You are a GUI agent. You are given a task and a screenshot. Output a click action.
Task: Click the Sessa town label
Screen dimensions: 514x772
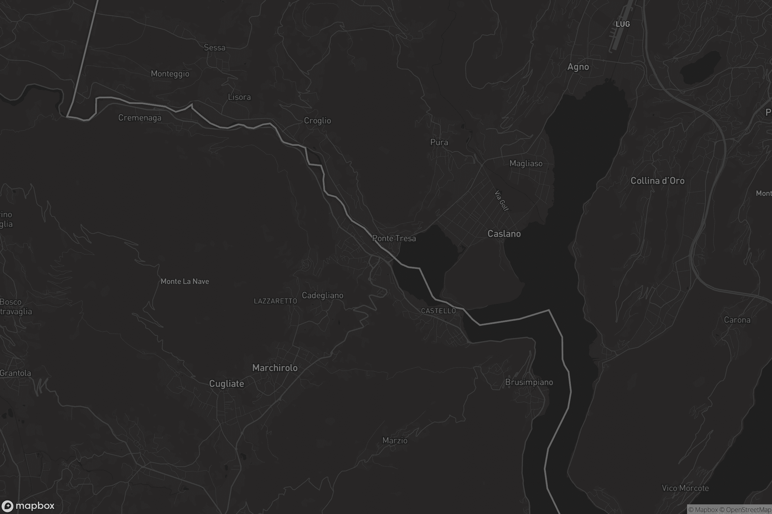pyautogui.click(x=215, y=48)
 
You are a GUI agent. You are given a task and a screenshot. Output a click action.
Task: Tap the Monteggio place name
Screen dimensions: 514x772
pyautogui.click(x=170, y=74)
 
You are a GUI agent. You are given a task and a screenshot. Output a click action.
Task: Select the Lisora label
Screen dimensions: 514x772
pyautogui.click(x=239, y=97)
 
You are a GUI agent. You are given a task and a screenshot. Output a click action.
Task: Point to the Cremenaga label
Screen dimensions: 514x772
pyautogui.click(x=140, y=118)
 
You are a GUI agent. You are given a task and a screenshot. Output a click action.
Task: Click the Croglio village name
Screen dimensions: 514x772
pyautogui.click(x=317, y=121)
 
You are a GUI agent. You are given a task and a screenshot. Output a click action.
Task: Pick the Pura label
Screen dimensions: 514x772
pyautogui.click(x=439, y=142)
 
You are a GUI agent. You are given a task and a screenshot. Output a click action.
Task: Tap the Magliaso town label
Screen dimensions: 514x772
pyautogui.click(x=526, y=163)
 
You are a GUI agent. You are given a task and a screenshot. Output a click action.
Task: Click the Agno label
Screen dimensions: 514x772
pyautogui.click(x=578, y=67)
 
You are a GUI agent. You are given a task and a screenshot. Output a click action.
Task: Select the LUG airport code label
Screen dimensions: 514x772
pyautogui.click(x=623, y=24)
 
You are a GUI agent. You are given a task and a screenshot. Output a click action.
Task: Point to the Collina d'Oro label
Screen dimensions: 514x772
pyautogui.click(x=657, y=181)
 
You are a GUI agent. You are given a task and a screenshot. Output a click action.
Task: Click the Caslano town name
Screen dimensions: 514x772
pyautogui.click(x=504, y=234)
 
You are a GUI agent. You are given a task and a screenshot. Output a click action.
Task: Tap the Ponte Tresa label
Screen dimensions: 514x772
pyautogui.click(x=394, y=238)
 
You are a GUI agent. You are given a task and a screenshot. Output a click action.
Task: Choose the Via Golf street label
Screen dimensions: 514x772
pyautogui.click(x=501, y=200)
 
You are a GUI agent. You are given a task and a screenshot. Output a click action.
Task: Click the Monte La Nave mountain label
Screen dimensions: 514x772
pyautogui.click(x=185, y=281)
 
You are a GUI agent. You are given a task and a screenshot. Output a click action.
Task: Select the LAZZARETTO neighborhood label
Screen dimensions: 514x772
pyautogui.click(x=275, y=301)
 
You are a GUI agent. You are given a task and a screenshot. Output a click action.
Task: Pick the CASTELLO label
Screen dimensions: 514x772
pyautogui.click(x=438, y=311)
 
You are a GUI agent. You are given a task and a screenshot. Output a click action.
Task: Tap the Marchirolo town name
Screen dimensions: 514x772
pyautogui.click(x=275, y=368)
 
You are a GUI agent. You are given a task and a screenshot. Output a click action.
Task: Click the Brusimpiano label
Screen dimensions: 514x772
pyautogui.click(x=529, y=382)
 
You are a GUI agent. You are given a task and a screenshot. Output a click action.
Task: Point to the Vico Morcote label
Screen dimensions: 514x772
pyautogui.click(x=685, y=488)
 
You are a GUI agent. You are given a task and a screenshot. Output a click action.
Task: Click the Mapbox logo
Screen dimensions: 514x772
pyautogui.click(x=28, y=506)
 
